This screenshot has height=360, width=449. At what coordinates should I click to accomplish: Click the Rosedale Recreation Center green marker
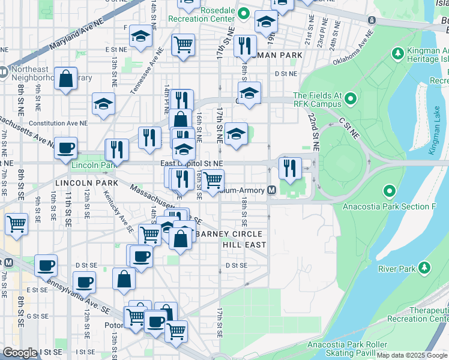click(x=244, y=13)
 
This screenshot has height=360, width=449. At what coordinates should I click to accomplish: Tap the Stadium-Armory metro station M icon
click(x=271, y=190)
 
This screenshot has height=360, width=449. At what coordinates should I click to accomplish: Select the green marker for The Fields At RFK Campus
click(x=351, y=98)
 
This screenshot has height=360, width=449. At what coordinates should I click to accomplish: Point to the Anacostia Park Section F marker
click(x=389, y=192)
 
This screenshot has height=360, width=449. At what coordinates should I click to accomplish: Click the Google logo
click(x=20, y=353)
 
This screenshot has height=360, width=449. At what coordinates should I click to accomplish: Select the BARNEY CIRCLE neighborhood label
click(x=229, y=233)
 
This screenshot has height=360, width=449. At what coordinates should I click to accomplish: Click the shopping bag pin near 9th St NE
click(x=65, y=79)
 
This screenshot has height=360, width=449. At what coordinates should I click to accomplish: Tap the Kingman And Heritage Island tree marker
click(x=397, y=54)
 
